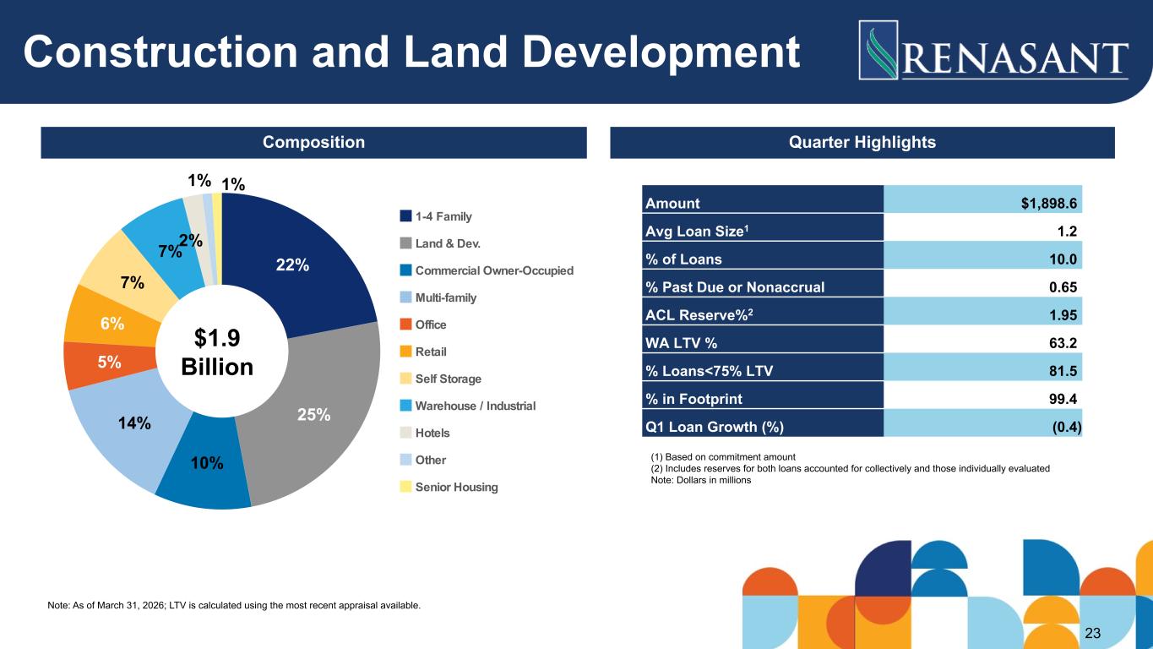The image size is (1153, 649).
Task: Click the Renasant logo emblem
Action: coord(878,50)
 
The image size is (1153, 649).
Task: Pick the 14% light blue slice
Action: coord(128,428)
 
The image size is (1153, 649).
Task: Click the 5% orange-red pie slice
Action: coord(108,363)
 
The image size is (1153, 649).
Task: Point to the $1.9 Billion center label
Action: coord(217,352)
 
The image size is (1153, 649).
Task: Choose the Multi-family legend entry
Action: coord(438,297)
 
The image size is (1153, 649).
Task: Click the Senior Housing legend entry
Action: coord(449,487)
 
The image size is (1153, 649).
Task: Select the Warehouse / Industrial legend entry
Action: coord(468,406)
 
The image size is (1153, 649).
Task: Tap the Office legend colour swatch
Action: coord(405,324)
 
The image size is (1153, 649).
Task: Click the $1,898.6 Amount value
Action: coord(1048,204)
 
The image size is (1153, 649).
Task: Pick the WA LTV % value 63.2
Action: coord(1063,343)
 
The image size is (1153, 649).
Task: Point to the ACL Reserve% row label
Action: coord(699,314)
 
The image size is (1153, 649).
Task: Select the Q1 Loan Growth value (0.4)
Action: coord(1067,427)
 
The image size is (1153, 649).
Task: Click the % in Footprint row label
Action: coord(693,399)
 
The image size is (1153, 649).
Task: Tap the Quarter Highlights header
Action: coord(862,142)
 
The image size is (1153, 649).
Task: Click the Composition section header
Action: coord(313,142)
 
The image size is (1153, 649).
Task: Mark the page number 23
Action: coord(1092,633)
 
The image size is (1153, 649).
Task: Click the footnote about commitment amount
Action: coord(723,457)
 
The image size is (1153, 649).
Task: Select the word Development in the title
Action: coord(661,52)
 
